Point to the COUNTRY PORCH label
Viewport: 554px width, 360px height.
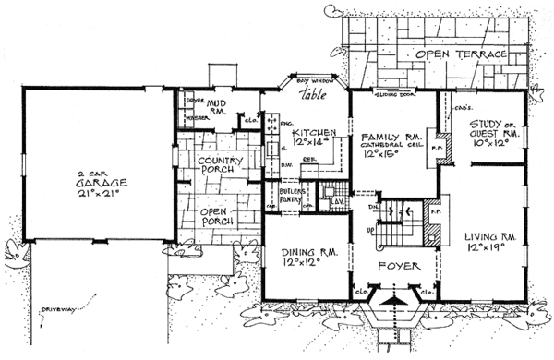[220, 164]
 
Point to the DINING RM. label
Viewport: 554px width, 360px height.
[299, 257]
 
